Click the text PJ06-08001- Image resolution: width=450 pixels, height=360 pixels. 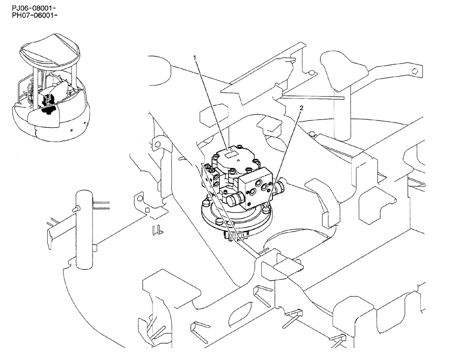30,9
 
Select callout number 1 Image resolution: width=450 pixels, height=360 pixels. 194,58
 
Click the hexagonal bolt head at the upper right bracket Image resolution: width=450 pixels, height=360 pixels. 417,71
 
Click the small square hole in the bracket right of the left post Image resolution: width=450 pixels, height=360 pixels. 147,210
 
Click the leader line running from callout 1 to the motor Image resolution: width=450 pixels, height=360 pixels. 211,103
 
